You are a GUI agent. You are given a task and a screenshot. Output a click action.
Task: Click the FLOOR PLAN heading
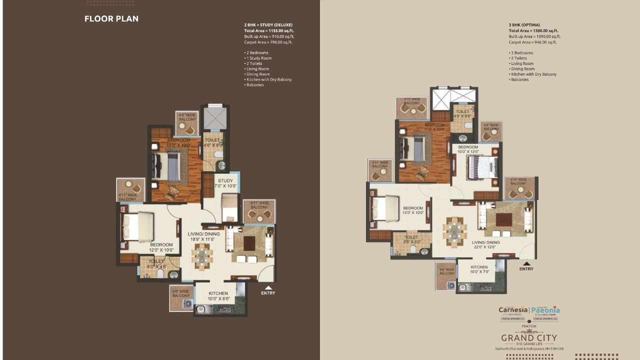(x=111, y=19)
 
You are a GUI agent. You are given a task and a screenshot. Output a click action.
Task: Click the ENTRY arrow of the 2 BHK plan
(x=268, y=288)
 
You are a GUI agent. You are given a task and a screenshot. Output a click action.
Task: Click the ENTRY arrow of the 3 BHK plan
(x=526, y=263)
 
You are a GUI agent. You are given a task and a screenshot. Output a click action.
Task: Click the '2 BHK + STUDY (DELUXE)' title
(x=268, y=24)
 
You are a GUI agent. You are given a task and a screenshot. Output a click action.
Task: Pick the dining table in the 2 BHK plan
(x=201, y=256)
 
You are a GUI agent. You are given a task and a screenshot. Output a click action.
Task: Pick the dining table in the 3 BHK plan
(x=454, y=231)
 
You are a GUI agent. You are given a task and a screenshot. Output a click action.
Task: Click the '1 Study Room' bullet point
(x=258, y=58)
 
